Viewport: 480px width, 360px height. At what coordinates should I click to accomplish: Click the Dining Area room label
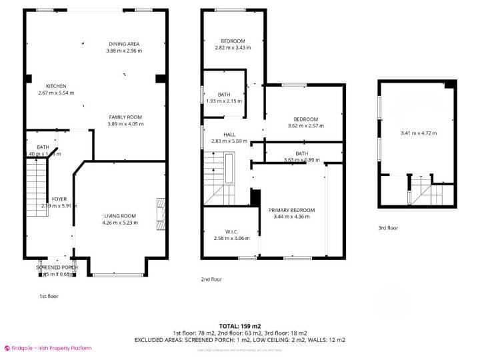pyautogui.click(x=124, y=44)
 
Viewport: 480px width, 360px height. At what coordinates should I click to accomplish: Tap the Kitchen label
pyautogui.click(x=56, y=86)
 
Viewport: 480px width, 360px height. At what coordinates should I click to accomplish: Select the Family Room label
pyautogui.click(x=125, y=117)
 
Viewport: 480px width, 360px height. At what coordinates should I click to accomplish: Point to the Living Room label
pyautogui.click(x=120, y=215)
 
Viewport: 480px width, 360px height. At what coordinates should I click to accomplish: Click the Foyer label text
pyautogui.click(x=59, y=199)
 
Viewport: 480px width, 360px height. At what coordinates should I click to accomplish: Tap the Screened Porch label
pyautogui.click(x=57, y=267)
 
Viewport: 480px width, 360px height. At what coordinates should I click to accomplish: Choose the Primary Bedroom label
pyautogui.click(x=291, y=210)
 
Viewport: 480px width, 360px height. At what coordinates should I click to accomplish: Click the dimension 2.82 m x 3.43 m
pyautogui.click(x=233, y=47)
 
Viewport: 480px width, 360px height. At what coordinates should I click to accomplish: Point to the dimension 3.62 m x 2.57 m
pyautogui.click(x=305, y=125)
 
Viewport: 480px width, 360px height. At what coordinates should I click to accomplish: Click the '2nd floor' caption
pyautogui.click(x=212, y=279)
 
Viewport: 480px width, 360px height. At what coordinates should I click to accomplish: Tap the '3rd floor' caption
pyautogui.click(x=388, y=228)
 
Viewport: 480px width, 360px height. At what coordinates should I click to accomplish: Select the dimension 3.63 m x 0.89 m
pyautogui.click(x=301, y=160)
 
